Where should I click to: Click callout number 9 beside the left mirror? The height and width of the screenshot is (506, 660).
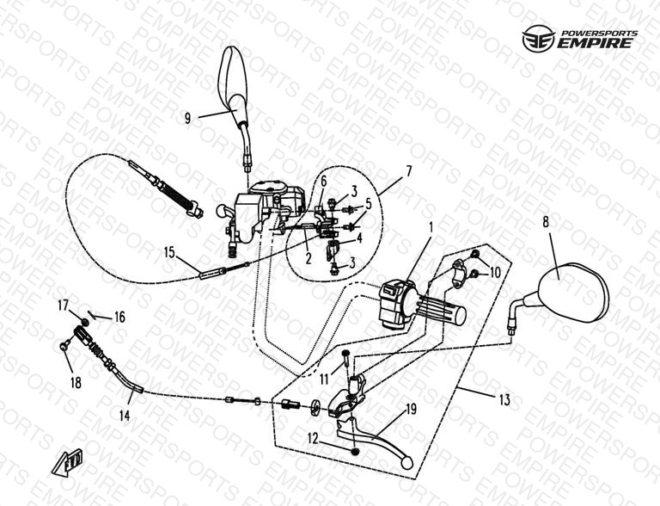click(x=187, y=119)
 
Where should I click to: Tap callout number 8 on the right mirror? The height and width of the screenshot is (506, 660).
click(x=546, y=222)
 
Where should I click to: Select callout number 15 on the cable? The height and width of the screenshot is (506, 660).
click(x=169, y=253)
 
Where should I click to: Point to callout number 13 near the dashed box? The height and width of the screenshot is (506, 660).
click(x=504, y=400)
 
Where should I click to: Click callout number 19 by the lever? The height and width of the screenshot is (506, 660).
click(x=411, y=409)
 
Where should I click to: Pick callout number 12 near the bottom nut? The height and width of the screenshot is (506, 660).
click(x=313, y=439)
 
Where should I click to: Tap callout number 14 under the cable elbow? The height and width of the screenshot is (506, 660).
click(x=125, y=416)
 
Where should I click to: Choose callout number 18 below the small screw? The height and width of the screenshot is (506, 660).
click(x=76, y=383)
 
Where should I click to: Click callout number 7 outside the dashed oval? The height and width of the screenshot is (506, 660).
click(x=409, y=171)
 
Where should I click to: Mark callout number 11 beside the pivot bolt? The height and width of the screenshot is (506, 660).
click(x=324, y=379)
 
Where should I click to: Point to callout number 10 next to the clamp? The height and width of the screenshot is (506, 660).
click(x=495, y=273)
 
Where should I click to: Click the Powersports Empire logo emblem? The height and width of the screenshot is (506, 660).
click(x=538, y=40)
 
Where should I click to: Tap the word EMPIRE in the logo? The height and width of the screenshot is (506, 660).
click(x=596, y=43)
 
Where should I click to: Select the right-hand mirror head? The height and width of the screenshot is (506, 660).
click(x=573, y=292)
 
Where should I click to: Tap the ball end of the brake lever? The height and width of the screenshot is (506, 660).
click(x=406, y=463)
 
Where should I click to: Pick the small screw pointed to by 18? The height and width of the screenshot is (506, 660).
click(x=64, y=346)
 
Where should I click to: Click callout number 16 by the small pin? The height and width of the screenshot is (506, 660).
click(x=120, y=317)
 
